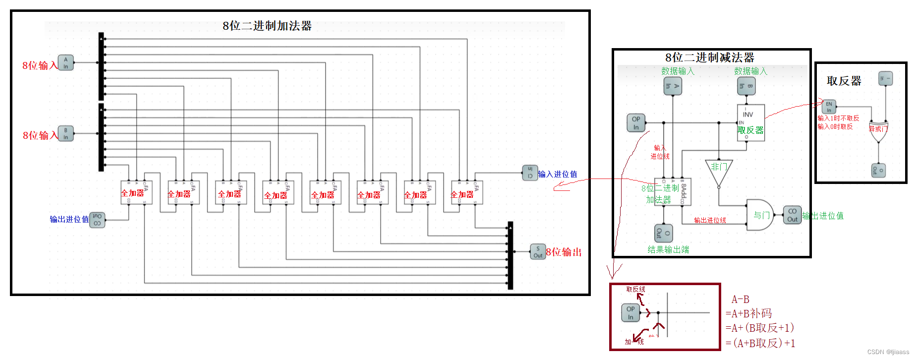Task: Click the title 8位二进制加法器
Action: (267, 26)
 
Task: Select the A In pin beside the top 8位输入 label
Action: (66, 63)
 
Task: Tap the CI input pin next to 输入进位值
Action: (530, 173)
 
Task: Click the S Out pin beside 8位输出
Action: (538, 252)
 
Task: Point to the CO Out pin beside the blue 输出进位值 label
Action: (97, 220)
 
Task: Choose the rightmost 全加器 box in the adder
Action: (466, 193)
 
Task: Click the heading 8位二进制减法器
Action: (709, 58)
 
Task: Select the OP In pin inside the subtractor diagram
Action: (636, 123)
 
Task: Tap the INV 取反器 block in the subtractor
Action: (750, 122)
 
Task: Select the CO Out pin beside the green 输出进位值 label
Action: (792, 215)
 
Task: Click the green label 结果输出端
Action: (668, 249)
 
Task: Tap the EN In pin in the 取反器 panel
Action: (829, 107)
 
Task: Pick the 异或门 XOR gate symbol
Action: (878, 131)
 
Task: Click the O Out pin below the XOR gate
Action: (878, 171)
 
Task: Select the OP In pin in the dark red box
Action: (630, 313)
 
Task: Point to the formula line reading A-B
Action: (741, 300)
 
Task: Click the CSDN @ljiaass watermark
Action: (888, 352)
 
